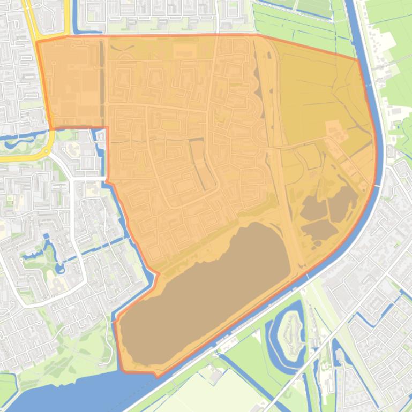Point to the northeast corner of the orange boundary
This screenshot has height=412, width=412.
(358, 59)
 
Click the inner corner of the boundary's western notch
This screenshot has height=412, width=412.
(107, 128)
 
